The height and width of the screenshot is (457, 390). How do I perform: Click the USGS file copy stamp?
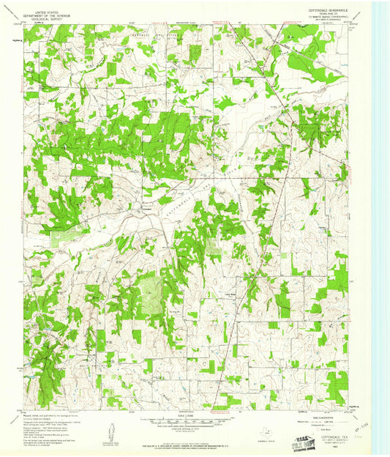307,442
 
